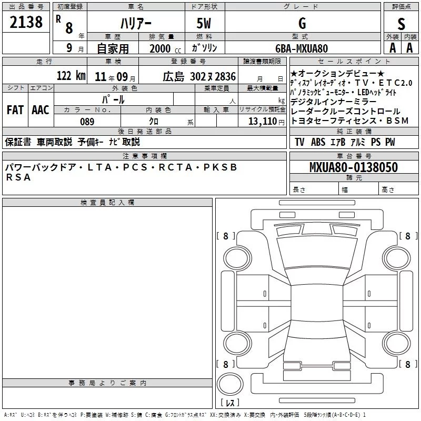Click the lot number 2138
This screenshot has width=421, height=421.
pyautogui.click(x=26, y=22)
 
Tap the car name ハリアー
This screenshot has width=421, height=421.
pyautogui.click(x=136, y=23)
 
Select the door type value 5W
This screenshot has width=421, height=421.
pyautogui.click(x=204, y=23)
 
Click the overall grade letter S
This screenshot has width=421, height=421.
pyautogui.click(x=401, y=24)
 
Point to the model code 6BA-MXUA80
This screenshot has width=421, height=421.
pyautogui.click(x=302, y=48)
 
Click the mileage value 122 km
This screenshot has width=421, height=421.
pyautogui.click(x=71, y=75)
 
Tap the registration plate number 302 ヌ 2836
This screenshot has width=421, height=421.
pyautogui.click(x=213, y=76)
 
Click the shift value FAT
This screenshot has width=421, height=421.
pyautogui.click(x=15, y=110)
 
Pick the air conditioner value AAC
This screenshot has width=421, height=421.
pyautogui.click(x=41, y=110)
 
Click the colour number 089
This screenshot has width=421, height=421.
pyautogui.click(x=87, y=122)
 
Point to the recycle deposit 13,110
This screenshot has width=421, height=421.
pyautogui.click(x=262, y=122)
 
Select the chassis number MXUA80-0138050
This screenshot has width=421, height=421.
pyautogui.click(x=354, y=167)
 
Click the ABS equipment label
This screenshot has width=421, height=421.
pyautogui.click(x=318, y=142)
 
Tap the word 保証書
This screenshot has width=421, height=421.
pyautogui.click(x=18, y=142)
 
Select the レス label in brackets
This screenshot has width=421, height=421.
pyautogui.click(x=230, y=403)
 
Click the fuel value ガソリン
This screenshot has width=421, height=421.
pyautogui.click(x=204, y=48)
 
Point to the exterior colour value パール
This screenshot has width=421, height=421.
pyautogui.click(x=113, y=99)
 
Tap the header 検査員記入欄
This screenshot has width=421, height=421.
pyautogui.click(x=107, y=203)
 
